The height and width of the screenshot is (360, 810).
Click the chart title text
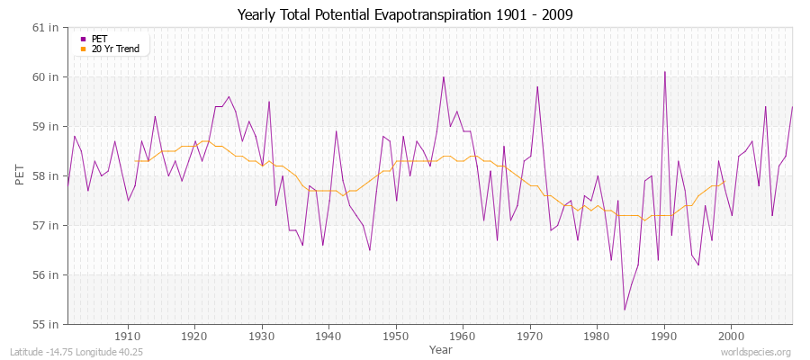click(x=404, y=14)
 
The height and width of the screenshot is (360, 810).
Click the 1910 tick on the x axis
click(x=128, y=336)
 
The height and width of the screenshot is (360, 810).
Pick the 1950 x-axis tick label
click(x=395, y=336)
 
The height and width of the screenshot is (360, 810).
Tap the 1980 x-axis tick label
click(x=596, y=336)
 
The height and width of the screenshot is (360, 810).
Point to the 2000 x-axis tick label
click(x=730, y=336)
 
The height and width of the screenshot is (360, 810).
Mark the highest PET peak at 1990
click(x=664, y=72)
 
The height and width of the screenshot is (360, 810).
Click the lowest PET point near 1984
click(x=625, y=310)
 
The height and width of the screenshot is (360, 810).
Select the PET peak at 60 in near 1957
click(x=444, y=77)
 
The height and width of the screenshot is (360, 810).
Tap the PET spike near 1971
click(x=537, y=87)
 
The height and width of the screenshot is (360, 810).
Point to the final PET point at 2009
click(x=792, y=107)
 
